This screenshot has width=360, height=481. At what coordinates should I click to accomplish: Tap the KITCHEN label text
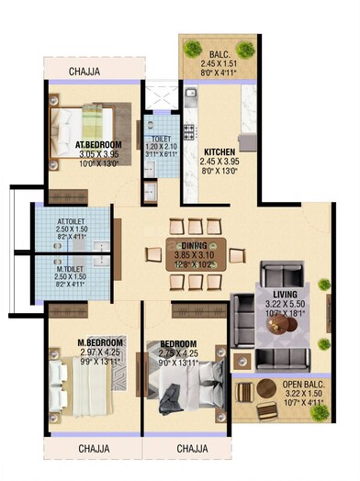coord(220,151)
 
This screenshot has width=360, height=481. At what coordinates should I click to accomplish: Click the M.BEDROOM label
coord(99,342)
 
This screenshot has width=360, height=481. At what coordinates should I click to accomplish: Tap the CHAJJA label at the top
coord(88,69)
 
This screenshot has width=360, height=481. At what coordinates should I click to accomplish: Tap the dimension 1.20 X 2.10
coord(160,147)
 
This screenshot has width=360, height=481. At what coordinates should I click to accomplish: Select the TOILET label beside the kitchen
coord(160,139)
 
